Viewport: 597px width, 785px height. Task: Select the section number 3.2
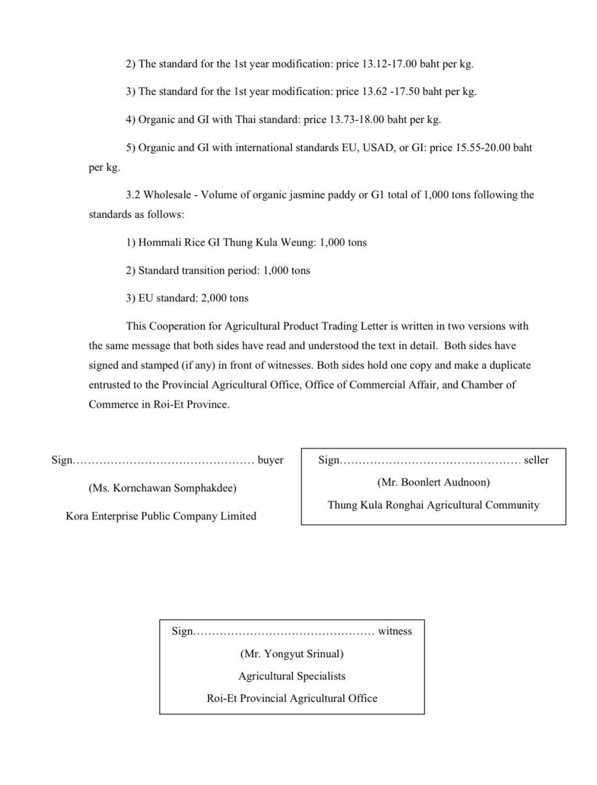coord(133,195)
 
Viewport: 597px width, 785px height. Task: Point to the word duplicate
coord(510,366)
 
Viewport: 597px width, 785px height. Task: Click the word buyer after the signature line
coord(270,460)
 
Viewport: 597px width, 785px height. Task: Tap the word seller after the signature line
coord(536,460)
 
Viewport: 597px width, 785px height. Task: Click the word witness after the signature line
coord(394,631)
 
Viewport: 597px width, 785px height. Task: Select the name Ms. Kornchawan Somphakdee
coord(162,488)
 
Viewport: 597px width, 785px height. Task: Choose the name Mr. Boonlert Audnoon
coord(433,482)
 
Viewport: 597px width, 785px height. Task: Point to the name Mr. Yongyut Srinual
coord(292,654)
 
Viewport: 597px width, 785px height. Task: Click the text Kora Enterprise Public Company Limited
coord(161,516)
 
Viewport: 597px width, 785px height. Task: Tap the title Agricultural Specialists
coord(292,676)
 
